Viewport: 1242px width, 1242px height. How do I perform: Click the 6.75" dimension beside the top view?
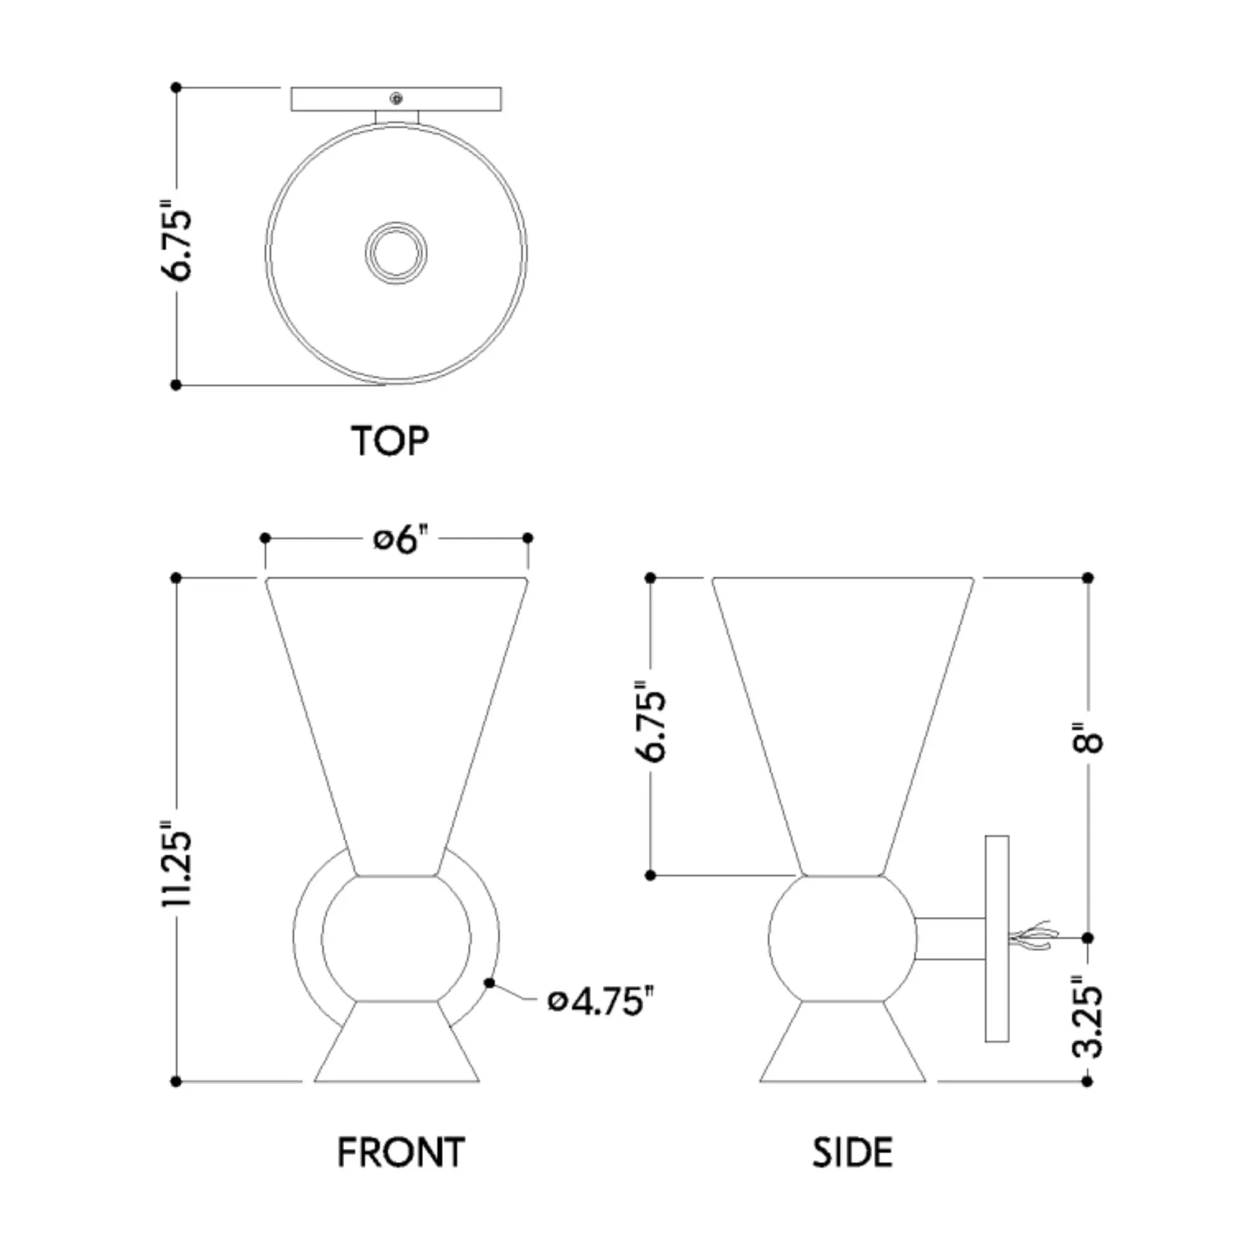pyautogui.click(x=176, y=241)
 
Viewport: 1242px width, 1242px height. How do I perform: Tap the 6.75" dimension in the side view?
pyautogui.click(x=650, y=720)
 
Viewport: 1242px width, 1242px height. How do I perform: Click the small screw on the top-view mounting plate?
pyautogui.click(x=397, y=98)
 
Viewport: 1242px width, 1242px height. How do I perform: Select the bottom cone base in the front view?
pyautogui.click(x=397, y=1041)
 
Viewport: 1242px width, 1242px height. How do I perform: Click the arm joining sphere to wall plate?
pyautogui.click(x=950, y=938)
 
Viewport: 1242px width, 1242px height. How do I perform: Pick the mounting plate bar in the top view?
pyautogui.click(x=396, y=99)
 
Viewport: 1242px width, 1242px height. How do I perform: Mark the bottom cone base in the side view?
pyautogui.click(x=843, y=1041)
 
